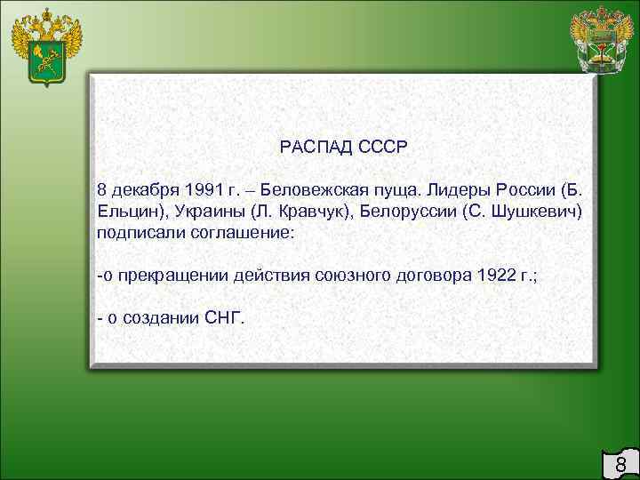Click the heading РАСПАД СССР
click(343, 146)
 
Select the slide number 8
click(620, 463)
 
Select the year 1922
click(494, 276)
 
